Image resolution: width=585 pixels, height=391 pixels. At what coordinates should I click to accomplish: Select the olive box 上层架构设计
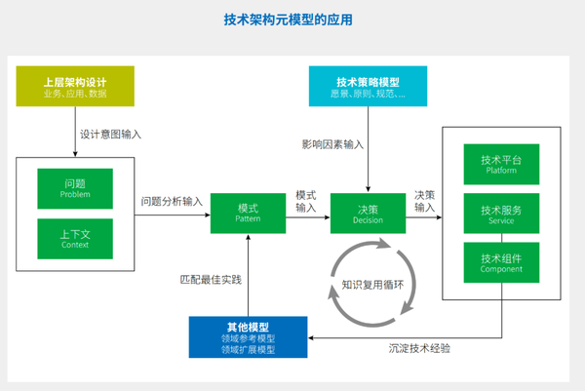click(x=75, y=86)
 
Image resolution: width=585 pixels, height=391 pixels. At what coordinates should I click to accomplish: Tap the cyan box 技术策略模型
click(x=368, y=86)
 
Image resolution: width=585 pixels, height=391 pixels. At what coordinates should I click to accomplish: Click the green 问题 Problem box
click(x=74, y=187)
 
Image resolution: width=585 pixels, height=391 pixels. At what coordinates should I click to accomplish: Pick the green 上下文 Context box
click(x=74, y=239)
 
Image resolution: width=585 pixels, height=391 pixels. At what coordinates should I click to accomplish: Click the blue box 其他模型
click(x=248, y=336)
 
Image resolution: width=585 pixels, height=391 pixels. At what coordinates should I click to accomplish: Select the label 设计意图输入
click(x=110, y=135)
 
